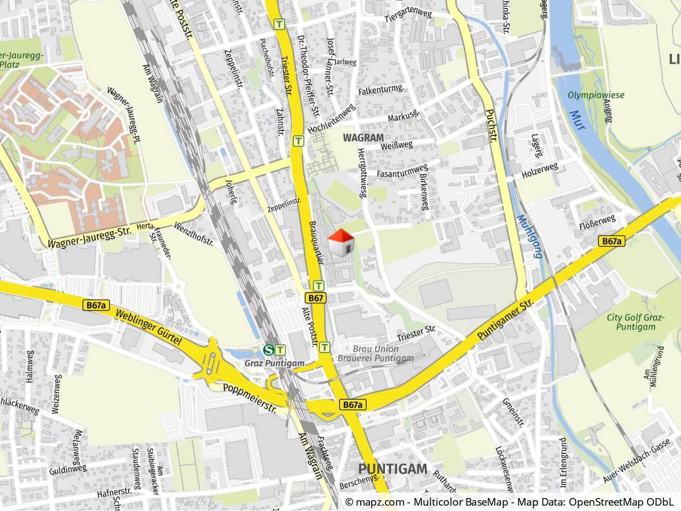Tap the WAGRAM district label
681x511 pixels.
point(363,137)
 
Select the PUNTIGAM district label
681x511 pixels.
point(393,468)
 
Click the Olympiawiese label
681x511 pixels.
point(596,95)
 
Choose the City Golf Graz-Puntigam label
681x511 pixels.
point(636,322)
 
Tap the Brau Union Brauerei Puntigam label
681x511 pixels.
point(375,354)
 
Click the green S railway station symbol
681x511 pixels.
point(268,350)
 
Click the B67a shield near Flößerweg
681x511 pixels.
point(612,241)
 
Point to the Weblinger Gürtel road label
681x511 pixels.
point(148,327)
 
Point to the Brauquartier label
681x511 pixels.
point(315,243)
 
